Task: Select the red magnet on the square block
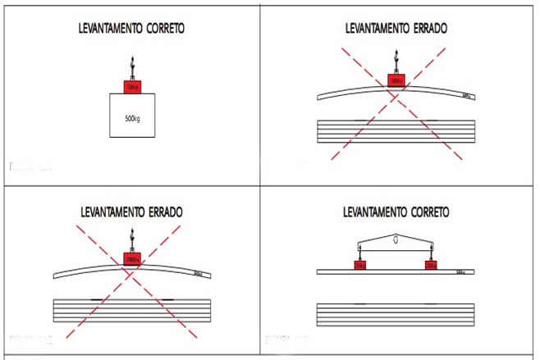coord(130,87)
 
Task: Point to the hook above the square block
coord(130,66)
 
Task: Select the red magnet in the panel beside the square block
coord(396,80)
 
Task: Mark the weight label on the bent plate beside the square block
coord(466,95)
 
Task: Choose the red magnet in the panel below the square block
coord(130,259)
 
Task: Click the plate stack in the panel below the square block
coord(130,312)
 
